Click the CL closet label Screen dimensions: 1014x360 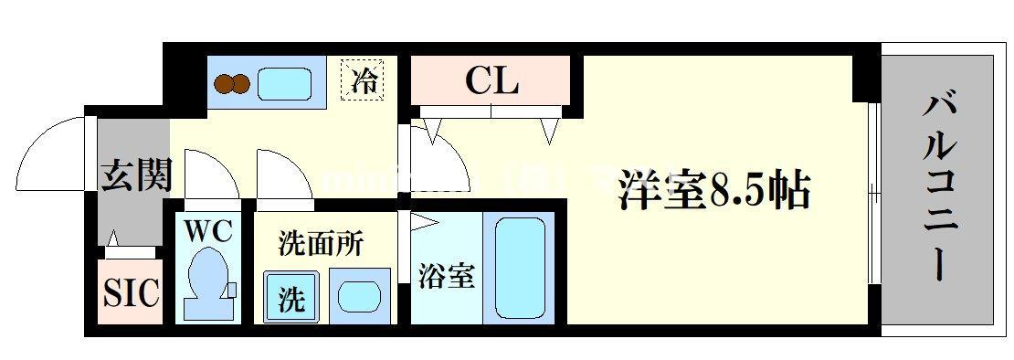tap(492, 81)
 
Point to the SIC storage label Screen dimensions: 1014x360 tap(130, 294)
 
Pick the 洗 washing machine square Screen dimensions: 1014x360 tap(291, 298)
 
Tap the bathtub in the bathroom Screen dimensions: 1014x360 tap(518, 265)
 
